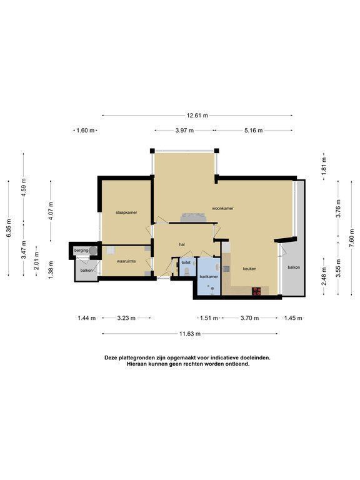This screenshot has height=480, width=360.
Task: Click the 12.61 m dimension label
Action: (197, 116)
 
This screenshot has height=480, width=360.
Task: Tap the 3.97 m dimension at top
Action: (184, 131)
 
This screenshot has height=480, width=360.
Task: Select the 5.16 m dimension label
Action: (254, 131)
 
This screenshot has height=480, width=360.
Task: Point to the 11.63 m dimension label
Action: (190, 334)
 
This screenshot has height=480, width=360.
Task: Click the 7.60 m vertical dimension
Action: (352, 237)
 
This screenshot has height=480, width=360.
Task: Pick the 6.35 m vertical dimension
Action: (9, 228)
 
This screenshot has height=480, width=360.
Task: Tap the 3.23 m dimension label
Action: (126, 318)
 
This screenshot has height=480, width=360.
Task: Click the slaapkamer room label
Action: (126, 212)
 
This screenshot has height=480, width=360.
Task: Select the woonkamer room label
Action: (223, 208)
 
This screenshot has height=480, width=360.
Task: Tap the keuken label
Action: (249, 269)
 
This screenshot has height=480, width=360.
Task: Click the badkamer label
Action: (209, 277)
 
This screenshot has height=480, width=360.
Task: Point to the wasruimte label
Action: (126, 261)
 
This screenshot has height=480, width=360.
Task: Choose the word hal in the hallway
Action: (182, 244)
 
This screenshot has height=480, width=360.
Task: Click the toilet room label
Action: (186, 262)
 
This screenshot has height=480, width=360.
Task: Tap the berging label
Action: (81, 251)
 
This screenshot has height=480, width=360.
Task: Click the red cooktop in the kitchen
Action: (256, 291)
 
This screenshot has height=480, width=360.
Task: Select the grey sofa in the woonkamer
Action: (193, 217)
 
